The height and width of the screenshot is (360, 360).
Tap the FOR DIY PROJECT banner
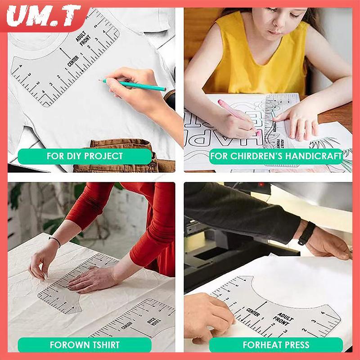click(84, 156)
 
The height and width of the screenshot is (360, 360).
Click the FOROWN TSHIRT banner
click(84, 345)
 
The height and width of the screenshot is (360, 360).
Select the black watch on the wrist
click(308, 233)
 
